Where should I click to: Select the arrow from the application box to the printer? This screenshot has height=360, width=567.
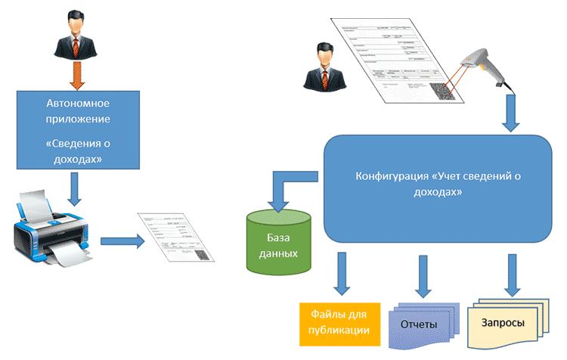tap(73, 188)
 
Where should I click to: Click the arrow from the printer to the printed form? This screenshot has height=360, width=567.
tap(120, 242)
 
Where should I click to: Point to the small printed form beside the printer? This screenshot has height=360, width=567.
tap(175, 237)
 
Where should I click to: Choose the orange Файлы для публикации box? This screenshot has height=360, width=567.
tap(334, 321)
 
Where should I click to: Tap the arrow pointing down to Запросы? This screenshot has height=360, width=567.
tap(513, 274)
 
